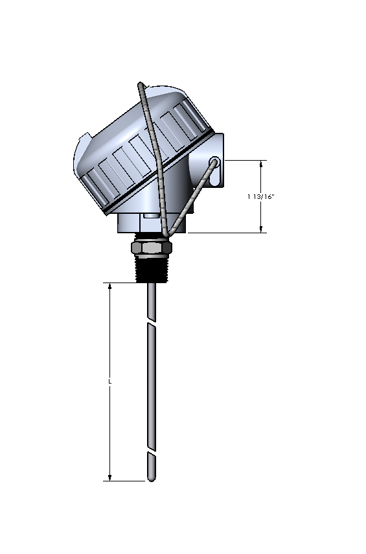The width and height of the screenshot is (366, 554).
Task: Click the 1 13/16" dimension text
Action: point(261,197)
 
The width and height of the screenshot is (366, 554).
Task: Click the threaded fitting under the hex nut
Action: point(151,268)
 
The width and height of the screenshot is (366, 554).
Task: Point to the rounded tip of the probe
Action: point(151,478)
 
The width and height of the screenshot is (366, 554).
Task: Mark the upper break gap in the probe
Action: point(151,323)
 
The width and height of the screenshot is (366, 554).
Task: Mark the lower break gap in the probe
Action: point(151,452)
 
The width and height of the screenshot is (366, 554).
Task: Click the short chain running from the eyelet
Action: point(191,198)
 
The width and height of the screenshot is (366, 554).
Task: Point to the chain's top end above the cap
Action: point(140,85)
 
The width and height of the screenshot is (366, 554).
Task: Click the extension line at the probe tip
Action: point(126,481)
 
